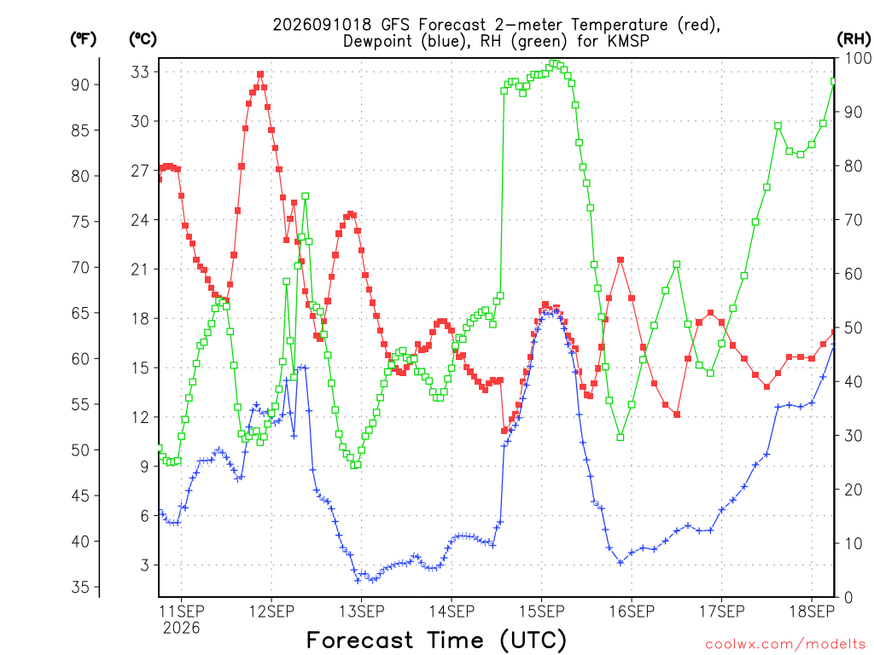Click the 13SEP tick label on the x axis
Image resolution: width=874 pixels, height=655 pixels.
[361, 611]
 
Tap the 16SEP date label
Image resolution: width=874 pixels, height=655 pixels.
[632, 611]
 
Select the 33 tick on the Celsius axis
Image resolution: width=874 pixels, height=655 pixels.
[140, 72]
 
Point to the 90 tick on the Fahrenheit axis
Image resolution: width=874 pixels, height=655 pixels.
[80, 84]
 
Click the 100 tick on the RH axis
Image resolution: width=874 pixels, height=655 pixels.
[858, 58]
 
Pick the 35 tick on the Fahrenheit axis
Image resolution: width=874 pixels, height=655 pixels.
[80, 587]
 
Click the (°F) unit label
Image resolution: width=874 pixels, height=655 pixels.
[83, 39]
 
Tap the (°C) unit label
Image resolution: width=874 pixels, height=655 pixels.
[143, 39]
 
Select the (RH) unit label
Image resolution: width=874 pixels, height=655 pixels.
[854, 39]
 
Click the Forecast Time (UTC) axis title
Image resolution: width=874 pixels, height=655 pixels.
[436, 640]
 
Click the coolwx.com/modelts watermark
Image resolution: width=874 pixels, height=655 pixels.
[785, 645]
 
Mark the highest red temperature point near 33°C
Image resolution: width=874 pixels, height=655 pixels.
[260, 74]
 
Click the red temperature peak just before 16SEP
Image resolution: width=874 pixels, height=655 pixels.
[621, 259]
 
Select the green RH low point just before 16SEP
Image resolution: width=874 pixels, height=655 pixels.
[621, 438]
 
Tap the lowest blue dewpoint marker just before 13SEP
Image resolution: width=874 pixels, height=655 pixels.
[358, 581]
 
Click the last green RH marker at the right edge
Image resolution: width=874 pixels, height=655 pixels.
[834, 81]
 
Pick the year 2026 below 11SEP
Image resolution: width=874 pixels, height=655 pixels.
[181, 629]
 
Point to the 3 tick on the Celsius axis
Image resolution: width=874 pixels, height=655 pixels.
[145, 565]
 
